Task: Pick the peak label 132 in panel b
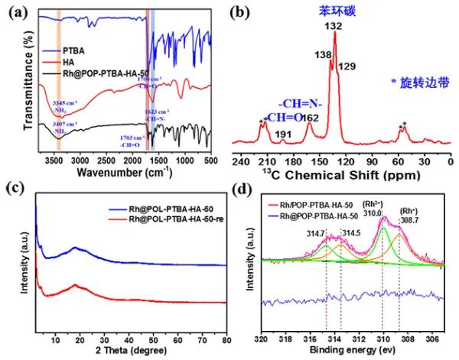point(334,26)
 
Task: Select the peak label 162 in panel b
point(310,118)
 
